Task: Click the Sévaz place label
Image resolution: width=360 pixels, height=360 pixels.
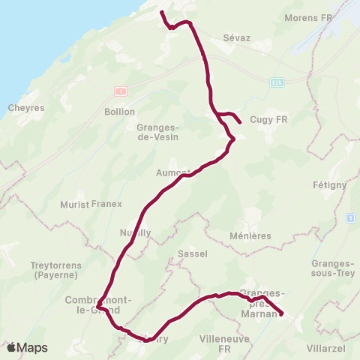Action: coord(236,36)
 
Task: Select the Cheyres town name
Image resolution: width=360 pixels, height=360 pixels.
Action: coord(26,108)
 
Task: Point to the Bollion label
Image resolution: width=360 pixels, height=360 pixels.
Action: coord(119,112)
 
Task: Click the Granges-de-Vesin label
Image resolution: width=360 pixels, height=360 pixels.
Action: coord(156,132)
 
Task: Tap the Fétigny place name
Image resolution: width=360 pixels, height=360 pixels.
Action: coord(329,184)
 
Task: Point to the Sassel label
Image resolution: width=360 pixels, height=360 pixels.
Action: coord(193,254)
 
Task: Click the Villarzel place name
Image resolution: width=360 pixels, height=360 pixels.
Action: coord(334,349)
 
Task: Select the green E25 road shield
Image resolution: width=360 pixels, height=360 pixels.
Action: coord(279,81)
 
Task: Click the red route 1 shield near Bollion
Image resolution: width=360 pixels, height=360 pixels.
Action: coord(119,91)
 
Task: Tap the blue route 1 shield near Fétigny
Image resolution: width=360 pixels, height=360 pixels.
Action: coord(350,217)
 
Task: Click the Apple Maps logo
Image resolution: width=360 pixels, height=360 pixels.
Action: coord(27,348)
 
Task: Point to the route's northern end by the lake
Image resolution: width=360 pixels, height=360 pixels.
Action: coord(162,12)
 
